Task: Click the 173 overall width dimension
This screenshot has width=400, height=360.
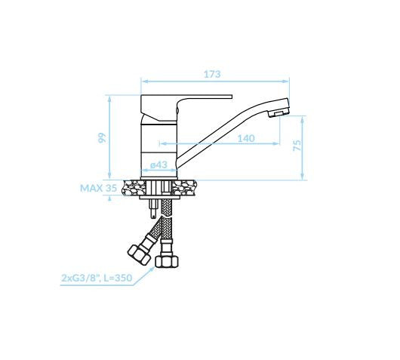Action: click(x=212, y=74)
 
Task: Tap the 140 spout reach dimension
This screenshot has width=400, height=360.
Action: click(x=246, y=139)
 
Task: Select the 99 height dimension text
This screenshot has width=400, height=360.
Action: click(x=102, y=138)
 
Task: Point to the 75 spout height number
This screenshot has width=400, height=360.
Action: click(x=297, y=145)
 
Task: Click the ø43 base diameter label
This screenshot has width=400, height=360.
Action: click(x=158, y=165)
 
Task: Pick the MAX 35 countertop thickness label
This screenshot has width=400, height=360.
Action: click(x=98, y=188)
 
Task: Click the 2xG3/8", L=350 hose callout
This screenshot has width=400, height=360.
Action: click(x=97, y=278)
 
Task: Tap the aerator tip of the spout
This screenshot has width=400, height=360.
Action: click(x=278, y=113)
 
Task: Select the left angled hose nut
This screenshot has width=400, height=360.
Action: click(x=139, y=254)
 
